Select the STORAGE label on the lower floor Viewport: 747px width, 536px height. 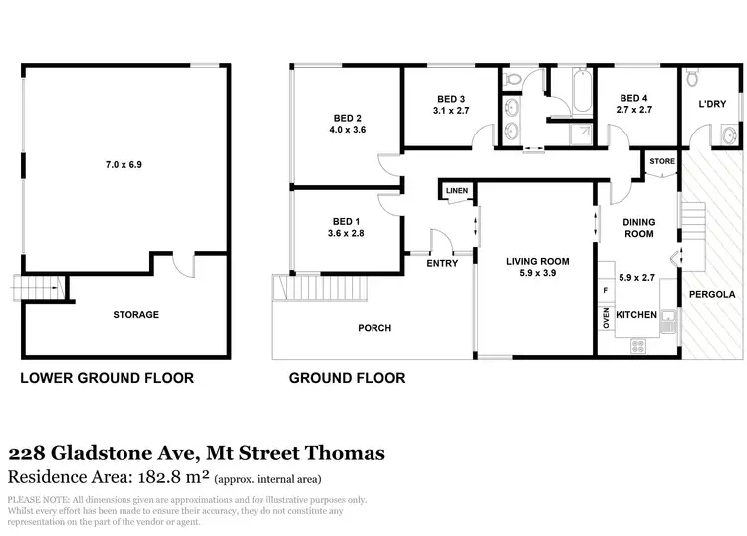[x=135, y=315]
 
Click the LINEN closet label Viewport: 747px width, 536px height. [x=457, y=190]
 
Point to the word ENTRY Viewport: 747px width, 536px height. [x=441, y=263]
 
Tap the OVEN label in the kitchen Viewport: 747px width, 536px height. [x=606, y=317]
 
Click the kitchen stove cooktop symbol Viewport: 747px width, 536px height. [x=638, y=346]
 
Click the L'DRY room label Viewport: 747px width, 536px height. [x=711, y=104]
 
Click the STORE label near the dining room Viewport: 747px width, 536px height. [x=661, y=160]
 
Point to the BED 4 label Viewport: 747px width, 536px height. [x=634, y=98]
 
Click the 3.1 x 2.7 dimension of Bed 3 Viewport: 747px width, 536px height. [x=452, y=111]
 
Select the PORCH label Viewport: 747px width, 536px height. [x=374, y=328]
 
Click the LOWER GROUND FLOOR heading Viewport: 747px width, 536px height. [x=108, y=378]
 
